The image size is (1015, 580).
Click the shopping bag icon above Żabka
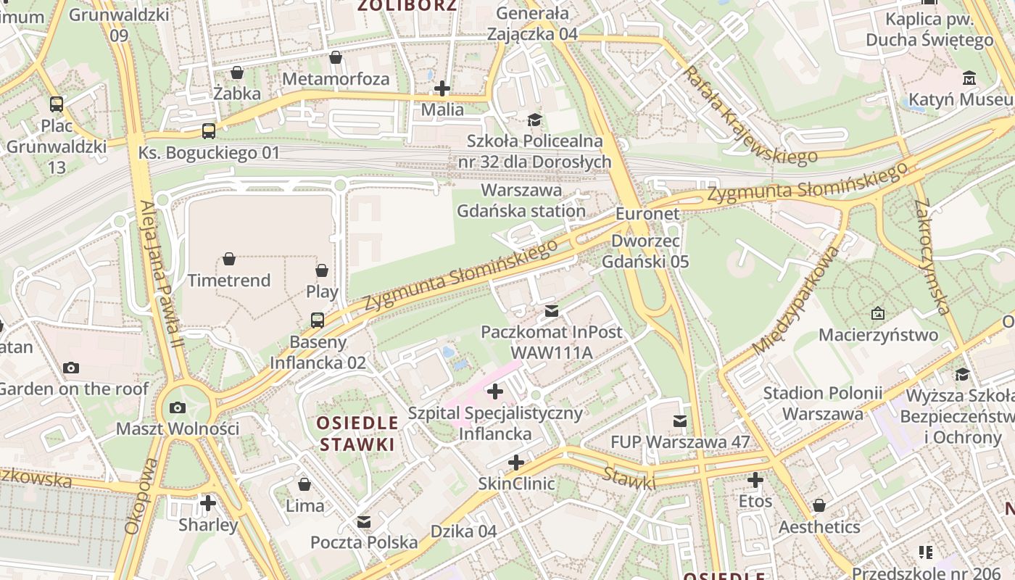[237, 72]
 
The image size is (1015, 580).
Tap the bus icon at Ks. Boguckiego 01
[209, 131]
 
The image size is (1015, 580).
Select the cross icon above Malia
[442, 89]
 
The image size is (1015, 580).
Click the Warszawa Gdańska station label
[521, 201]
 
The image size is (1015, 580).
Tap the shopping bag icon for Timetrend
[229, 259]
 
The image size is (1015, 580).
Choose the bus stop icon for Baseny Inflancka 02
[318, 320]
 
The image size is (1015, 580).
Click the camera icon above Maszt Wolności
[178, 407]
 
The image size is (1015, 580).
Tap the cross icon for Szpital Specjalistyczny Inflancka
[495, 392]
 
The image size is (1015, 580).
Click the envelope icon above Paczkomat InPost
[552, 311]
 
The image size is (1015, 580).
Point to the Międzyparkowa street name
[795, 300]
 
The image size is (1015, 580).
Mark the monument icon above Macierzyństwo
[878, 314]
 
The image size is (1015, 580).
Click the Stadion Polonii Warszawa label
[823, 403]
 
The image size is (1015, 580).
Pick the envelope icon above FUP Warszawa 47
[679, 420]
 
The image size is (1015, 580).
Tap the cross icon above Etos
[755, 480]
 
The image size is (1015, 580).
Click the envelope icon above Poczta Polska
[364, 521]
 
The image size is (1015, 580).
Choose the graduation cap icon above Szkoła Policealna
[534, 120]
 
